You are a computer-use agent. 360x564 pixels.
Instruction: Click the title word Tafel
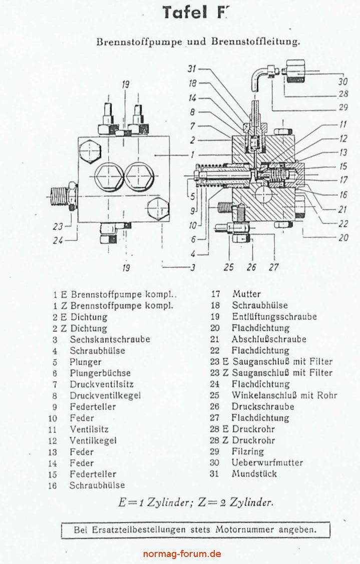[184, 13]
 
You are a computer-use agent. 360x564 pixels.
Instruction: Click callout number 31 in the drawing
[192, 69]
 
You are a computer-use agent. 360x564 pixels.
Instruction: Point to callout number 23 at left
[59, 226]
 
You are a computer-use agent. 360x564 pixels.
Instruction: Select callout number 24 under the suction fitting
[59, 240]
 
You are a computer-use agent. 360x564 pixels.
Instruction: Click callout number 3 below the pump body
[192, 267]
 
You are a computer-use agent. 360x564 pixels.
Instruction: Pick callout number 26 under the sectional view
[251, 267]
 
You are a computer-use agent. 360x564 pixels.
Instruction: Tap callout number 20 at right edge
[343, 238]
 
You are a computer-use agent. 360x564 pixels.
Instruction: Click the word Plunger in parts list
[86, 362]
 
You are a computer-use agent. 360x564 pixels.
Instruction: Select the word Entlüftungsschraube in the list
[274, 317]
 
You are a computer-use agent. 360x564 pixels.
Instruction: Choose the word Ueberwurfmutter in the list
[267, 463]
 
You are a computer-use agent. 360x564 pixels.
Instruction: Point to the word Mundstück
[254, 474]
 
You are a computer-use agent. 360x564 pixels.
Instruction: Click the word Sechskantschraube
[110, 339]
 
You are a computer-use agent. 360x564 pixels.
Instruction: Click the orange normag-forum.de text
[182, 553]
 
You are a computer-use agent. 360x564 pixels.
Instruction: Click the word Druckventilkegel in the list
[105, 395]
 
